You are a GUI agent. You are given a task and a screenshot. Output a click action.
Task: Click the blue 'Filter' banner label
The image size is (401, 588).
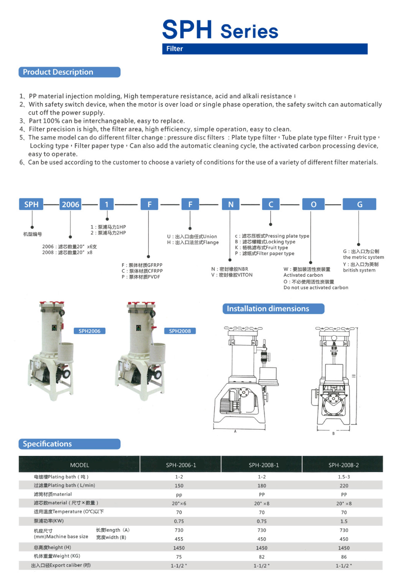(175, 49)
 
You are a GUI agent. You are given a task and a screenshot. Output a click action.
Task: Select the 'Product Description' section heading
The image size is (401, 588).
(58, 72)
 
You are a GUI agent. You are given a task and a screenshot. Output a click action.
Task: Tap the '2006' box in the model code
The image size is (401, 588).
(70, 204)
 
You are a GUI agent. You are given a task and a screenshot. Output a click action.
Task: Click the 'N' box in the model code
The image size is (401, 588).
(231, 204)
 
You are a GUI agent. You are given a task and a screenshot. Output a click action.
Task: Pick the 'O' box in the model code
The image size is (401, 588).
(313, 204)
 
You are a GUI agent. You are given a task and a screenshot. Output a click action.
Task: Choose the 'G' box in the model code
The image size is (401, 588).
(359, 204)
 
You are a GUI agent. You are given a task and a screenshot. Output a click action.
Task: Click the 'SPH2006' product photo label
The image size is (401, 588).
(89, 331)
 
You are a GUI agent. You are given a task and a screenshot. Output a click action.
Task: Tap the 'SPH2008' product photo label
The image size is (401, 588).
(180, 331)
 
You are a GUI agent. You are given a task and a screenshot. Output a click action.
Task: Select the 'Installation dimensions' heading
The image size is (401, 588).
(268, 309)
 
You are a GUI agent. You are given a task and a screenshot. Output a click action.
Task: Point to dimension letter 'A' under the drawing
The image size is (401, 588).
(235, 431)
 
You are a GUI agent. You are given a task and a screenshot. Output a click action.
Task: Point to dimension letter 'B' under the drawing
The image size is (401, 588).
(333, 433)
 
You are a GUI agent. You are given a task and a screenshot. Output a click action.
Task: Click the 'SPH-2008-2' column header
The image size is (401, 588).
(344, 465)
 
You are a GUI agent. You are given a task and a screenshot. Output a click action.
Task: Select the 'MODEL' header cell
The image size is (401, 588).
(79, 465)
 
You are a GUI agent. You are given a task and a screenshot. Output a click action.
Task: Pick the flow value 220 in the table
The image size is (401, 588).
(344, 486)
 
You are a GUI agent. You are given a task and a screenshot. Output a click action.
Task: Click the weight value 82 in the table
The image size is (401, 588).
(261, 557)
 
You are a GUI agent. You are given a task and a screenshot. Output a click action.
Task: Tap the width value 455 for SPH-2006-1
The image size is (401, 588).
(179, 539)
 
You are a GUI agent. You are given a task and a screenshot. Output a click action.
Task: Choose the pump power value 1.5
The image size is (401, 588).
(344, 521)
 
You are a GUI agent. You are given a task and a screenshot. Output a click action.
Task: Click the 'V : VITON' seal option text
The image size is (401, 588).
(232, 275)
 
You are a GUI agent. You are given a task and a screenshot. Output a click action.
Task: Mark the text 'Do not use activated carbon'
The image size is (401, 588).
(316, 288)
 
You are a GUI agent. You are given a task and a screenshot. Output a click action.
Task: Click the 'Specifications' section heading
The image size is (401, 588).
(47, 444)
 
